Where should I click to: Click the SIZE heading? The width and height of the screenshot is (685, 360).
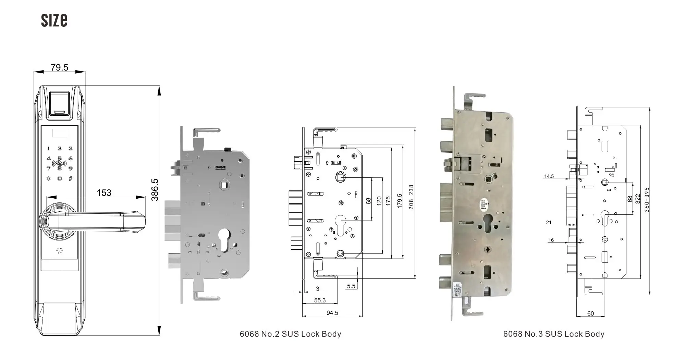[x=54, y=21]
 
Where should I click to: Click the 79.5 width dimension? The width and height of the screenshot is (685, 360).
[x=59, y=67]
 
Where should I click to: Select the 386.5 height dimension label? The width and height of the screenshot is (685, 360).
[x=155, y=189]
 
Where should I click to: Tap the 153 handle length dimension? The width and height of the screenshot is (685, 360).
[x=104, y=193]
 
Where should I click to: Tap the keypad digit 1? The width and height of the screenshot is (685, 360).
[x=49, y=149]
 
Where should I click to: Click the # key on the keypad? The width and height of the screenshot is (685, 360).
[x=71, y=178]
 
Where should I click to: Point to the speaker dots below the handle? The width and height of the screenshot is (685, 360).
[x=60, y=251]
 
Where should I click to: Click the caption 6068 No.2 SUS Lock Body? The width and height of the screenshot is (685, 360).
[x=290, y=334]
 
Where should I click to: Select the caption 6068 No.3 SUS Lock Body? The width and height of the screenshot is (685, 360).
[x=553, y=334]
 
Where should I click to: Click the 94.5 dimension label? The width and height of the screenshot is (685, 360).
[x=332, y=313]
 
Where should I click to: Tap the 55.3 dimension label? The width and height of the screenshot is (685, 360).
[x=320, y=300]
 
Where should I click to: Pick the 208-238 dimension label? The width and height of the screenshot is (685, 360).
[x=411, y=197]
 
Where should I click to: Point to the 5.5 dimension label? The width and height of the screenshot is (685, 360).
[x=351, y=286]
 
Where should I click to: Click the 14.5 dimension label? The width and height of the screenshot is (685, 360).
[x=549, y=177]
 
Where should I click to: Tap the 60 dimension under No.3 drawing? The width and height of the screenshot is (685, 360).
[x=590, y=314]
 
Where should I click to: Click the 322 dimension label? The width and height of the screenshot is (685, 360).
[x=638, y=199]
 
